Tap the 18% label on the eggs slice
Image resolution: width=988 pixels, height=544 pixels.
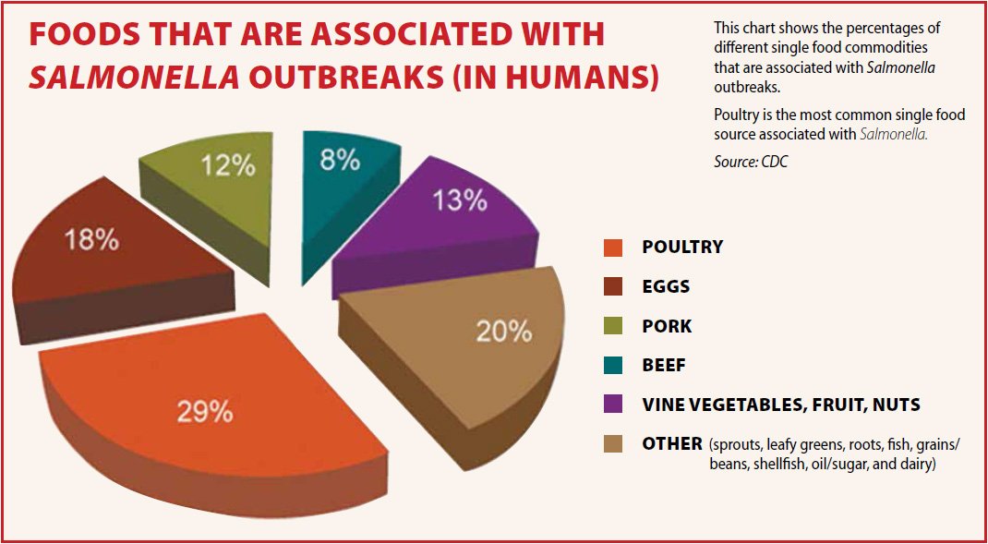click(x=90, y=240)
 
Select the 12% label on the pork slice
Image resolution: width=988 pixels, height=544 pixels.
click(x=229, y=165)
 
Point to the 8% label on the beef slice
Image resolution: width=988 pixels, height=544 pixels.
click(x=340, y=160)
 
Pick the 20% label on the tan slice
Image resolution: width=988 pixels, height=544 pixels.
click(x=504, y=331)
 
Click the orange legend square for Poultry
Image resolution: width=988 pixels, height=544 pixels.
click(x=612, y=248)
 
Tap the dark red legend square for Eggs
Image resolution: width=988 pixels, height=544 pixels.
click(x=612, y=287)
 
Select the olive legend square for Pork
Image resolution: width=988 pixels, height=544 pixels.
click(x=612, y=326)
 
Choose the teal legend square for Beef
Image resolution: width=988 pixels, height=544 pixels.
click(x=612, y=366)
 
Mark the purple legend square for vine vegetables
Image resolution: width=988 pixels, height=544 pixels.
click(x=612, y=405)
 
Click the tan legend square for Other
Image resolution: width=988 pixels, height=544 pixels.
click(x=612, y=444)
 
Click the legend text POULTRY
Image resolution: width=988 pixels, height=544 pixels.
click(x=682, y=248)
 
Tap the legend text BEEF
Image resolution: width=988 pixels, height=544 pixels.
click(x=664, y=366)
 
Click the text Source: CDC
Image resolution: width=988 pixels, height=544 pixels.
click(x=751, y=162)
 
